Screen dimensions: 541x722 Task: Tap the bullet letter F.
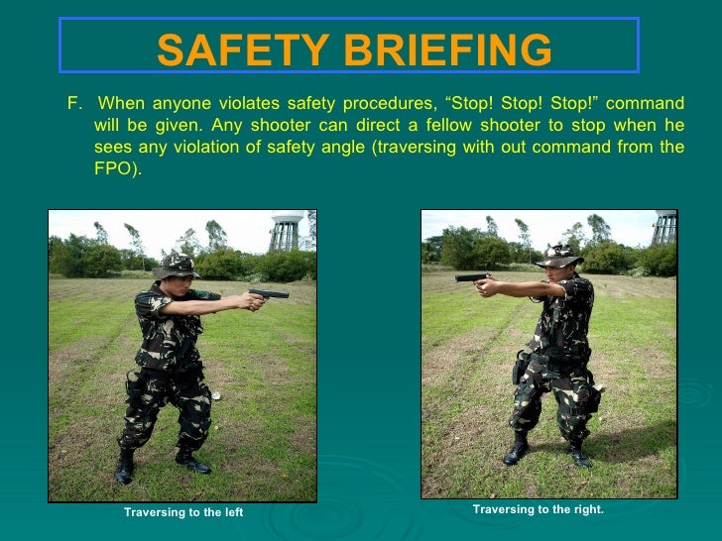71,105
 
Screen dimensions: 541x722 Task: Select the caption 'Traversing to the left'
183,512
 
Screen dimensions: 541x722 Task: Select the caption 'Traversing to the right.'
538,509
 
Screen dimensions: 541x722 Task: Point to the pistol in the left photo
270,293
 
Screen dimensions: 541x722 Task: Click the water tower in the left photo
285,234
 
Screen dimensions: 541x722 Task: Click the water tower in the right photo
664,227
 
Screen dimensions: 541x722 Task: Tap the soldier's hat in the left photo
176,265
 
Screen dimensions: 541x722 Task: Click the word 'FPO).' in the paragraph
118,168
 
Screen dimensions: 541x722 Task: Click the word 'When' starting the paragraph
121,105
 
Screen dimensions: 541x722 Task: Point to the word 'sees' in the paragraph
112,148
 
